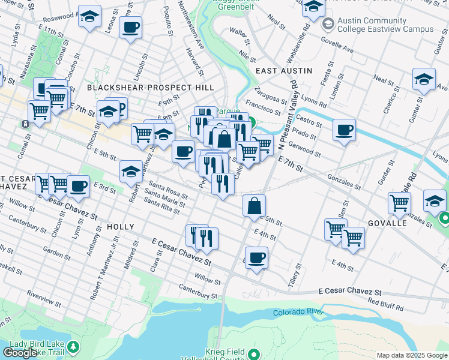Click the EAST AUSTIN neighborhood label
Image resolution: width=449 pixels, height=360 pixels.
[284, 70]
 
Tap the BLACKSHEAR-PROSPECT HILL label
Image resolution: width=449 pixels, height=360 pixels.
[150, 88]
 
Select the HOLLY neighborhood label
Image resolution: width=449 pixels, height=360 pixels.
[121, 227]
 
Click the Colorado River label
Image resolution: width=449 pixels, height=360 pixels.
[298, 313]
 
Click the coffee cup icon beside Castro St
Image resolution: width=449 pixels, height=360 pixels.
[344, 130]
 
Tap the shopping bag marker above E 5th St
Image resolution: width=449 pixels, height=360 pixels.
[255, 205]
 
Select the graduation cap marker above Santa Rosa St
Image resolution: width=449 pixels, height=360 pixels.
[131, 172]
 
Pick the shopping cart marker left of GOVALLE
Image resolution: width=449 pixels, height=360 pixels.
[335, 229]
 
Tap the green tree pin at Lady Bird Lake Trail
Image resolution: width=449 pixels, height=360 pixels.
[73, 347]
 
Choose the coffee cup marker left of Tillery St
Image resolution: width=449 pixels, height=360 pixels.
[256, 258]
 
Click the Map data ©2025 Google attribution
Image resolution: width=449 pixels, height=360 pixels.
[412, 355]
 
